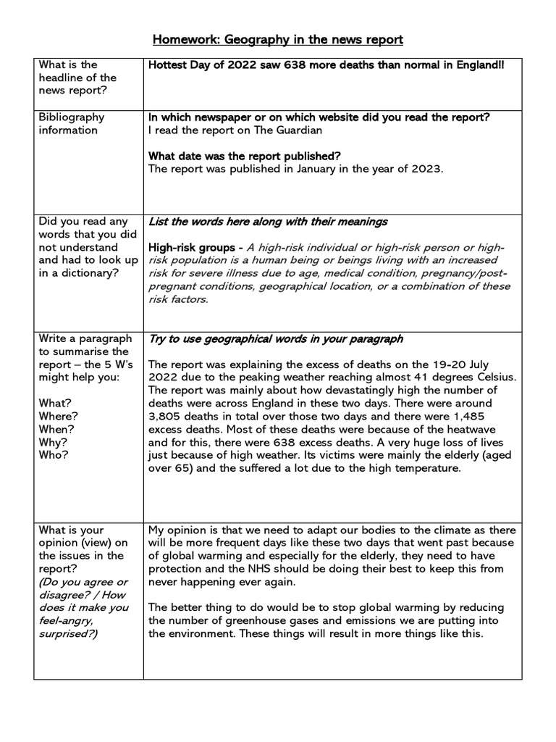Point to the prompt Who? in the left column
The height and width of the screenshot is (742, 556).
tap(51, 455)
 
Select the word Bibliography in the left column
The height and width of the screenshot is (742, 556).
tap(71, 117)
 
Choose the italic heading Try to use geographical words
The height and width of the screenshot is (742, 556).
tap(276, 338)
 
